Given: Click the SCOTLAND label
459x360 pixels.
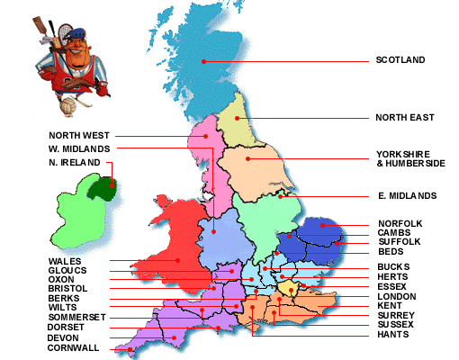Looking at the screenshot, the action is [400, 61].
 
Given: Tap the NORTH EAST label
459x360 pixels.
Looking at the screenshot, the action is [404, 117].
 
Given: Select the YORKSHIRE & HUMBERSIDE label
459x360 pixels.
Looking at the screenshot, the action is [409, 158].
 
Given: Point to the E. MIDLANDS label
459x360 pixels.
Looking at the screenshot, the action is [407, 195].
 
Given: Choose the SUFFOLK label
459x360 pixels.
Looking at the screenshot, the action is [397, 241].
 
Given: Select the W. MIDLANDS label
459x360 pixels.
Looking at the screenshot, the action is [79, 148].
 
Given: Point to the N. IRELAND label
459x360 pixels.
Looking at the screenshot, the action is [75, 163].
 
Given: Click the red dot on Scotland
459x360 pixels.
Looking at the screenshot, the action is [204, 61].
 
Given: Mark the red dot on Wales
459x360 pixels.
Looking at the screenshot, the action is [177, 260].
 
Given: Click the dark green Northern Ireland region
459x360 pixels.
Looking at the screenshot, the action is [106, 186].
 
